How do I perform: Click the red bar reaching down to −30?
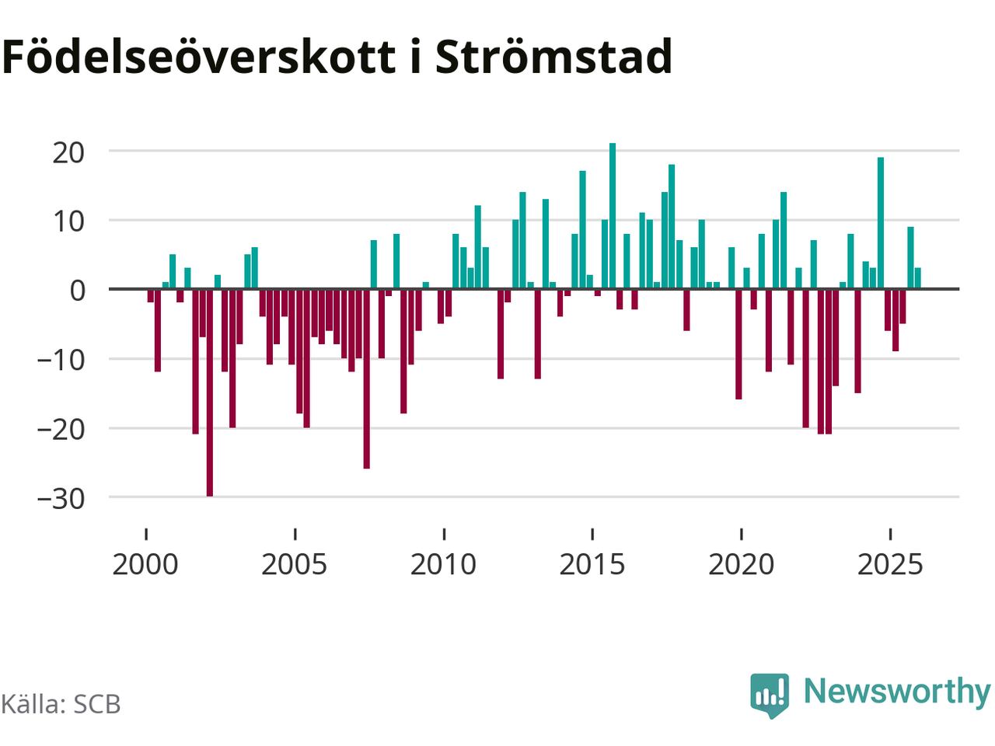tap(210, 392)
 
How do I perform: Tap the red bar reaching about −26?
tap(366, 378)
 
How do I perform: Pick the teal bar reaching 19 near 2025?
tap(881, 223)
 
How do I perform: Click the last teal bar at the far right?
tap(918, 278)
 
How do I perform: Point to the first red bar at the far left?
tap(151, 295)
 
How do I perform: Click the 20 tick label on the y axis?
tap(68, 152)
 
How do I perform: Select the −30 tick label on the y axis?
tap(61, 499)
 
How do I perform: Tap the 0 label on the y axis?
tap(77, 291)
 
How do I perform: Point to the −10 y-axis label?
tap(61, 360)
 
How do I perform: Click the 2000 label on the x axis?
tap(145, 565)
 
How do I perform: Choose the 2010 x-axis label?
tap(443, 565)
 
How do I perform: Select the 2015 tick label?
tap(592, 565)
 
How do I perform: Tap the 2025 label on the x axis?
tap(890, 565)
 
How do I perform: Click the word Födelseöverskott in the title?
tap(199, 57)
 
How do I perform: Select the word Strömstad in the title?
tap(553, 57)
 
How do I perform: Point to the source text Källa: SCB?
tap(61, 704)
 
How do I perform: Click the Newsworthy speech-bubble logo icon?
tap(770, 694)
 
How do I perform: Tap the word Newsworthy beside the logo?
tap(897, 691)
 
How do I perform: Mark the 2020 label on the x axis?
tap(742, 565)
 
